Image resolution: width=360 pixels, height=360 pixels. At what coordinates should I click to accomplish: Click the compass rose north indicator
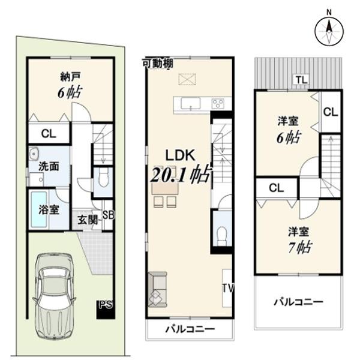[329, 31]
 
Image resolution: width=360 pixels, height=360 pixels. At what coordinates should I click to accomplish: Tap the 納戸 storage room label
[70, 76]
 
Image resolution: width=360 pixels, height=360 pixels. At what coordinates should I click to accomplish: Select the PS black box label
[106, 305]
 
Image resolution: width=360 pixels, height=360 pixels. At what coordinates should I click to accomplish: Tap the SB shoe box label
[108, 215]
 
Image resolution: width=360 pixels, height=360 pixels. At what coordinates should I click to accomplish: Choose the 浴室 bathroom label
[49, 209]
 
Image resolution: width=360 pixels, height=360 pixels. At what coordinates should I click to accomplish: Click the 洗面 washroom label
[49, 166]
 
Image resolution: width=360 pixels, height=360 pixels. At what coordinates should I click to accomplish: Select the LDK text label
[181, 155]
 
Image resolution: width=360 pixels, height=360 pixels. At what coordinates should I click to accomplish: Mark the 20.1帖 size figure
[181, 174]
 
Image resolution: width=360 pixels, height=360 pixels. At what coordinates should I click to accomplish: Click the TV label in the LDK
[228, 288]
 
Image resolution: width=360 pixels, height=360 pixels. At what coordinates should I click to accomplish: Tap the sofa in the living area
[157, 289]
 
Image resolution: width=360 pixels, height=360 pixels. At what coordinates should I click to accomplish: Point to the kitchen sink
[191, 103]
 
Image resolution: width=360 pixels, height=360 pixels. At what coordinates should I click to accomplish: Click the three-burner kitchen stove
[218, 104]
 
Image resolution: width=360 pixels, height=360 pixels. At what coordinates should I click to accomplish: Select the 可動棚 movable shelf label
[158, 63]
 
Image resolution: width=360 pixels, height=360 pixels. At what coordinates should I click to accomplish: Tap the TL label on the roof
[301, 80]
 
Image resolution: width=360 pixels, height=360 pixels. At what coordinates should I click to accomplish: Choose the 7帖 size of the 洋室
[300, 247]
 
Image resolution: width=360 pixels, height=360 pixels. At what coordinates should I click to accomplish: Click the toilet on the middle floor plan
[222, 235]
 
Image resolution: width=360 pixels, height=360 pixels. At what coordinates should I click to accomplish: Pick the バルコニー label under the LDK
[190, 329]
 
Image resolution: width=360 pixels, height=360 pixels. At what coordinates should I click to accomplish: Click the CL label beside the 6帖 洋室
[331, 112]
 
